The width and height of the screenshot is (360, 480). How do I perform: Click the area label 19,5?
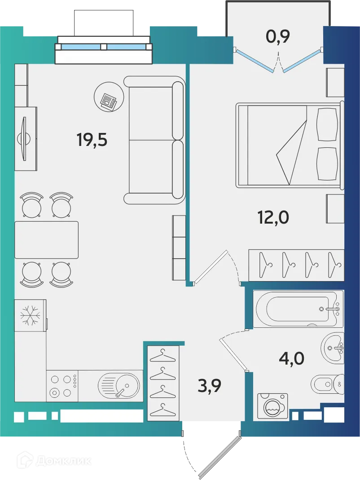click(x=92, y=140)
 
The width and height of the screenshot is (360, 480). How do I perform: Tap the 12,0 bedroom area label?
click(x=273, y=217)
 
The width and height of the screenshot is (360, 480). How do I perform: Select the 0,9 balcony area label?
click(x=278, y=36)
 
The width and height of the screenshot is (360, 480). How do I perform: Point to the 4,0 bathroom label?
click(x=291, y=359)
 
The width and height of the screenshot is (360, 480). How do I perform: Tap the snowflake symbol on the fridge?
click(x=30, y=316)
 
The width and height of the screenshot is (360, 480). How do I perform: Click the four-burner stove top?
click(x=62, y=386)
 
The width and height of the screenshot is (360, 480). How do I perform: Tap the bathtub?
click(x=298, y=309)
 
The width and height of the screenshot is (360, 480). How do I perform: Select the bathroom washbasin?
click(x=333, y=347)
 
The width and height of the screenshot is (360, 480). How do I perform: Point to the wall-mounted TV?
click(x=25, y=138)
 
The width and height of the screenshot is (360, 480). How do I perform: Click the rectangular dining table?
click(x=46, y=240)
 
